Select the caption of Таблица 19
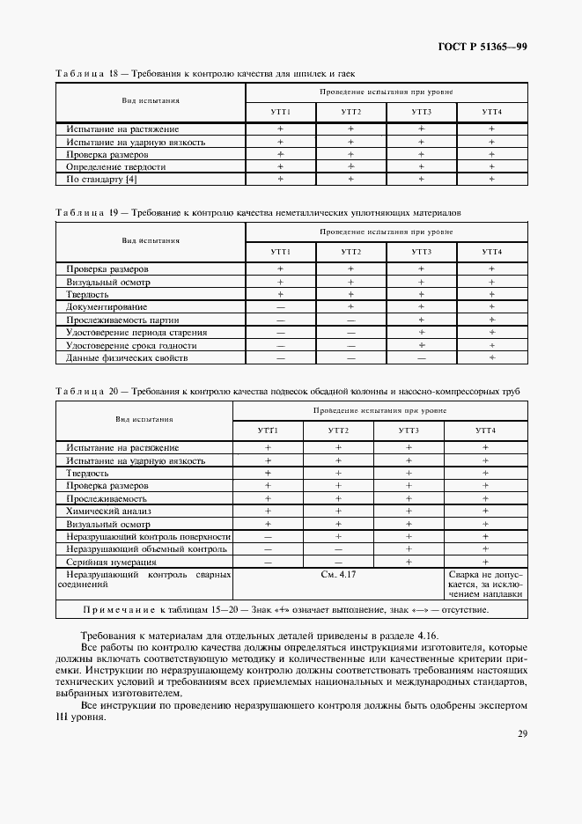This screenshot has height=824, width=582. tap(257, 213)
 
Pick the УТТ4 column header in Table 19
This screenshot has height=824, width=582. tap(491, 253)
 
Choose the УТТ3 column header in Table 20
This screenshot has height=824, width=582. tap(409, 430)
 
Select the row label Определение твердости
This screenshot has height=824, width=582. tap(116, 166)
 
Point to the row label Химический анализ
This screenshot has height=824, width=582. tap(109, 511)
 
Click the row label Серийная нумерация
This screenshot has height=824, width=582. tap(111, 562)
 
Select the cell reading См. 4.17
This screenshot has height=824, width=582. tap(338, 574)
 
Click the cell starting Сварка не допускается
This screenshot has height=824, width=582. tap(485, 584)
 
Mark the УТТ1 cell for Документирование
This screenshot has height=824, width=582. tap(280, 306)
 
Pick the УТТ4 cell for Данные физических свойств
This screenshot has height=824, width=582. tap(491, 357)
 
